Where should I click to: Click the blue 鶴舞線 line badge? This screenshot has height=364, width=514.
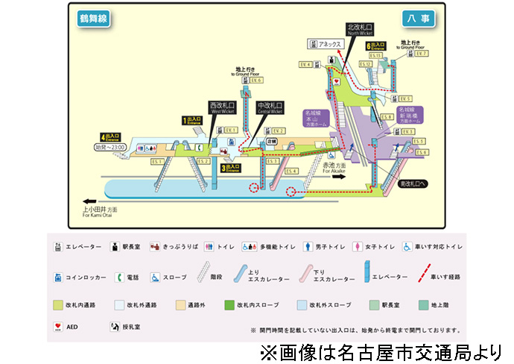coord(93,19)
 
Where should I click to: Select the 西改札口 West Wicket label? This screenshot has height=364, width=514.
coord(222,108)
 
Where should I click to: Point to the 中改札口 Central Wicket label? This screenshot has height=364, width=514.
coord(269,108)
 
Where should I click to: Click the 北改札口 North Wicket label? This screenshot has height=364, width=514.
coord(361,29)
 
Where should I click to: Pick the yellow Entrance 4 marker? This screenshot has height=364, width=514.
coord(112,137)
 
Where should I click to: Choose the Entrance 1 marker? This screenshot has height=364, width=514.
coord(193,120)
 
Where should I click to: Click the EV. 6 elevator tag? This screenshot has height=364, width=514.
coord(258,81)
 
